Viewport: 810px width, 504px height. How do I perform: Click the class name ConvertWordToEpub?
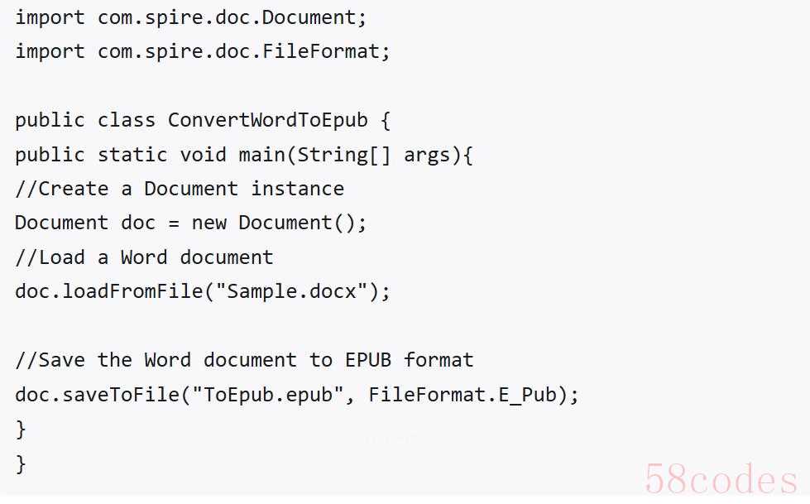267,120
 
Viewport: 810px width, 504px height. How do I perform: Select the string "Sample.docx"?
292,291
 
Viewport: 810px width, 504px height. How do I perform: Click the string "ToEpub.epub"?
268,395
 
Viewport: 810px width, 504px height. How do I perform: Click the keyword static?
132,155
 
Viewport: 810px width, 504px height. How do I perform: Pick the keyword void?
203,155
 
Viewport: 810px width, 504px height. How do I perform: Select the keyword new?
209,223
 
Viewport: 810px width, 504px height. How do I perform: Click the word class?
127,120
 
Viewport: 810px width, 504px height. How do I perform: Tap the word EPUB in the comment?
368,360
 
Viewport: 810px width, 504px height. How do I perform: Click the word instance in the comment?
298,189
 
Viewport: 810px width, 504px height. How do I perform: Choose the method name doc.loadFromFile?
109,291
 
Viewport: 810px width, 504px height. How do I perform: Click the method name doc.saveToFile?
97,395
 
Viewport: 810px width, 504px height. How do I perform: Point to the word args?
427,155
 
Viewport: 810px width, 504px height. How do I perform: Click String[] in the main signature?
344,155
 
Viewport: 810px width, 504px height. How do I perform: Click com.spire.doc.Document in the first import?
227,17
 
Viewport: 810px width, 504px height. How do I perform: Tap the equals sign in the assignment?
174,223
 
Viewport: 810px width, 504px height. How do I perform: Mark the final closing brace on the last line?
21,463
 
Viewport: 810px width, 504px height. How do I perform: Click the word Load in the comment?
62,257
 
